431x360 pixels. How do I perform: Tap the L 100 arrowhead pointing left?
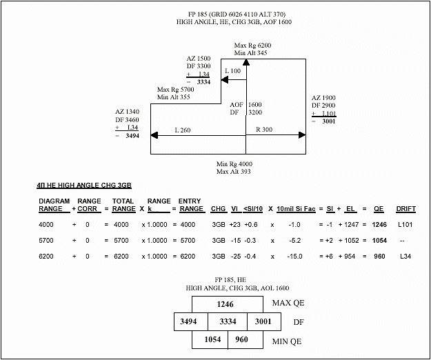click(x=225, y=80)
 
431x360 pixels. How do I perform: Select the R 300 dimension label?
click(x=264, y=129)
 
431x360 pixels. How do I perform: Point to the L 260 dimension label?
click(x=182, y=130)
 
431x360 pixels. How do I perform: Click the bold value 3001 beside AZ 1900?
click(x=329, y=121)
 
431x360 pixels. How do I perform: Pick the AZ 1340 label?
click(x=128, y=112)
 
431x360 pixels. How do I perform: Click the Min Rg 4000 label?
click(x=234, y=164)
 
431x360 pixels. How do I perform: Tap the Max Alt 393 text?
click(x=233, y=172)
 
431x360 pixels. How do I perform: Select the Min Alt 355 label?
click(x=174, y=97)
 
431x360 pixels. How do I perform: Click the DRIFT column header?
click(x=405, y=209)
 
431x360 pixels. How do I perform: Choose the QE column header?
click(x=379, y=209)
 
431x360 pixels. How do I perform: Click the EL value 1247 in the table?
click(x=352, y=225)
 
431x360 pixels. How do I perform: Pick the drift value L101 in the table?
click(x=405, y=225)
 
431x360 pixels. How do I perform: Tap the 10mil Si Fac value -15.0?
click(x=295, y=257)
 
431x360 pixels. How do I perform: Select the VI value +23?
click(x=234, y=225)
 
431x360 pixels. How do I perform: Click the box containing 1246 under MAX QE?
click(x=228, y=304)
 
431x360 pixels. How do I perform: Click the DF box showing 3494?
click(x=191, y=321)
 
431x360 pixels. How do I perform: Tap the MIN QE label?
click(x=287, y=341)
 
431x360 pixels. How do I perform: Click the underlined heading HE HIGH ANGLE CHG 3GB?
click(x=84, y=186)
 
